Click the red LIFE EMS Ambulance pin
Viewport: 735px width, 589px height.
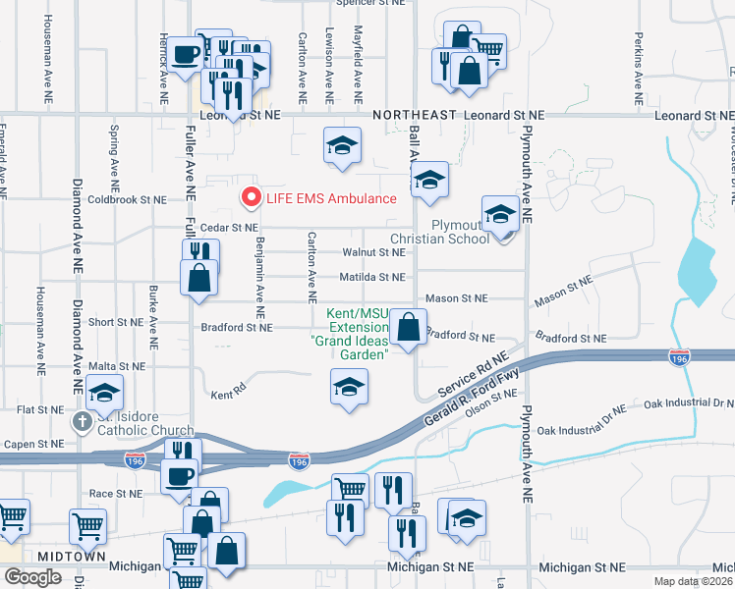point(251,196)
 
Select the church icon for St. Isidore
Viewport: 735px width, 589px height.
point(82,422)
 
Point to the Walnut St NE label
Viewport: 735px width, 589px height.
point(373,252)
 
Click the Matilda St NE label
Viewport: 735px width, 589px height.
point(373,278)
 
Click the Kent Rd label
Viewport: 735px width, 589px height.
point(227,395)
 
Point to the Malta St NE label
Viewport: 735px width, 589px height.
point(117,364)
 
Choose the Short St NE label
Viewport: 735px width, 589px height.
point(116,322)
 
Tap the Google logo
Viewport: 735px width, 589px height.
point(32,577)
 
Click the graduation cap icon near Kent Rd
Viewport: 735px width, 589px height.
point(349,387)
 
